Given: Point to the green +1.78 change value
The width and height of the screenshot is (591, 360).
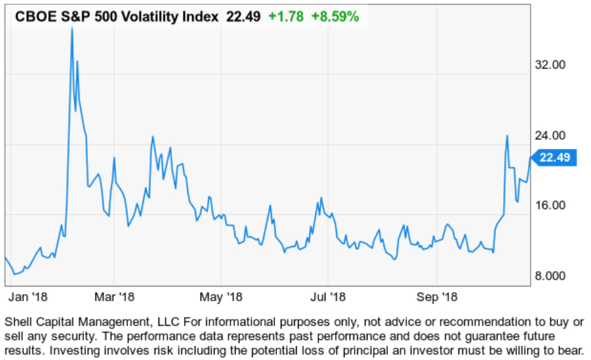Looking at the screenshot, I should pos(285,17).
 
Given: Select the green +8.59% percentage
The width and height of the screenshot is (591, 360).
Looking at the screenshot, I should pos(334,17).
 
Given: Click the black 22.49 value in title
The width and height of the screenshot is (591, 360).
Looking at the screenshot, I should pos(243,17).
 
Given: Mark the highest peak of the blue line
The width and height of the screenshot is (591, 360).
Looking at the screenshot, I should pos(72,29).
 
